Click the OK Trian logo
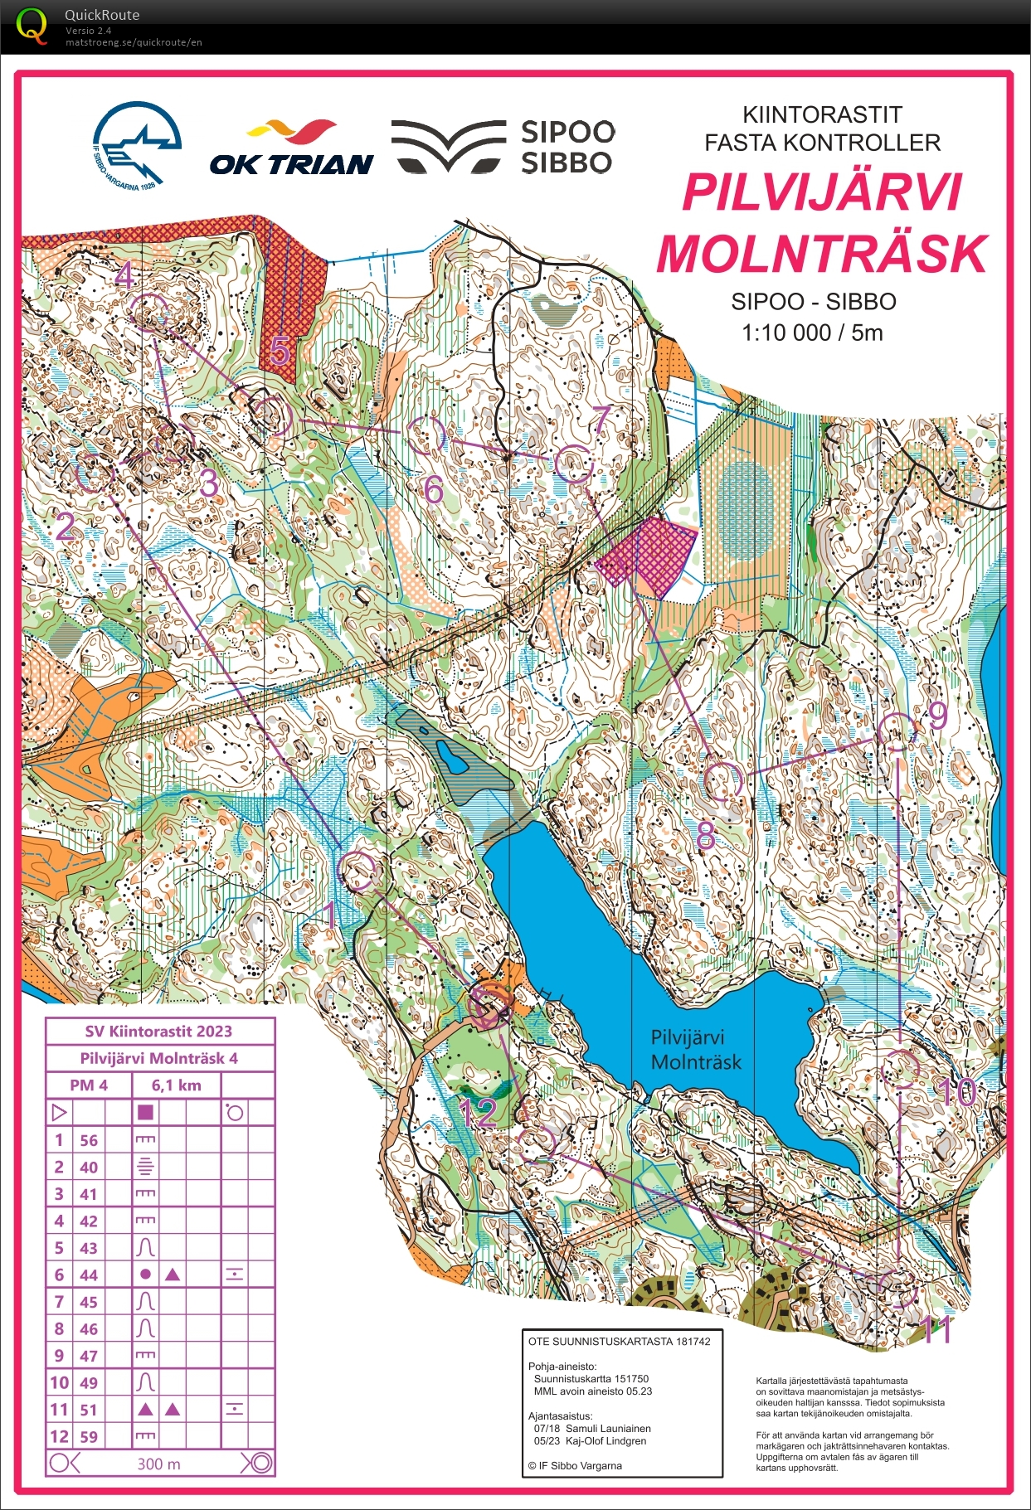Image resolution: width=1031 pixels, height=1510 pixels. point(291,149)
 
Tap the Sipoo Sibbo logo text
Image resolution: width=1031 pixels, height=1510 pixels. point(567,147)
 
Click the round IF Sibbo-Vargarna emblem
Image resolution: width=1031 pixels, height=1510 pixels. point(137,144)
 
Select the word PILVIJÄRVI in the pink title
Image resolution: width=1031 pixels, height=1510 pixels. point(822,192)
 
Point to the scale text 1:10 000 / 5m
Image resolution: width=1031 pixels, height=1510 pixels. point(812,333)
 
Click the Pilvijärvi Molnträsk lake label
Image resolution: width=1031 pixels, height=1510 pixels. point(695,1050)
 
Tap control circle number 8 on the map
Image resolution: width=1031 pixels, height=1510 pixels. point(722,781)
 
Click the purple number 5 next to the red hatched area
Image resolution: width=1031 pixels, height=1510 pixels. point(280,352)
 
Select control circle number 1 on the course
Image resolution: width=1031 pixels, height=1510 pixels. point(360,871)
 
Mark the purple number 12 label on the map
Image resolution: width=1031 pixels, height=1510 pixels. point(478,1113)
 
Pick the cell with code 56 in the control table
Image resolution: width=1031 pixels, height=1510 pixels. point(89,1140)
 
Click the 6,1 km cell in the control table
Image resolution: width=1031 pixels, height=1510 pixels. point(176,1085)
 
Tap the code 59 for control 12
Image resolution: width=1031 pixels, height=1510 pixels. point(89,1437)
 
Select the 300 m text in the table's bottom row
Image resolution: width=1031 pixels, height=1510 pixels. point(158,1464)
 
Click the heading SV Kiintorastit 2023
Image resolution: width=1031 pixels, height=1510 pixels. point(158,1031)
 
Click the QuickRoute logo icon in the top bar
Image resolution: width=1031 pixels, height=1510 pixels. point(32,25)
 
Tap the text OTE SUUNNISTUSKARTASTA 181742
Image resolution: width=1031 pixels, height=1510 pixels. point(619,1341)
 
